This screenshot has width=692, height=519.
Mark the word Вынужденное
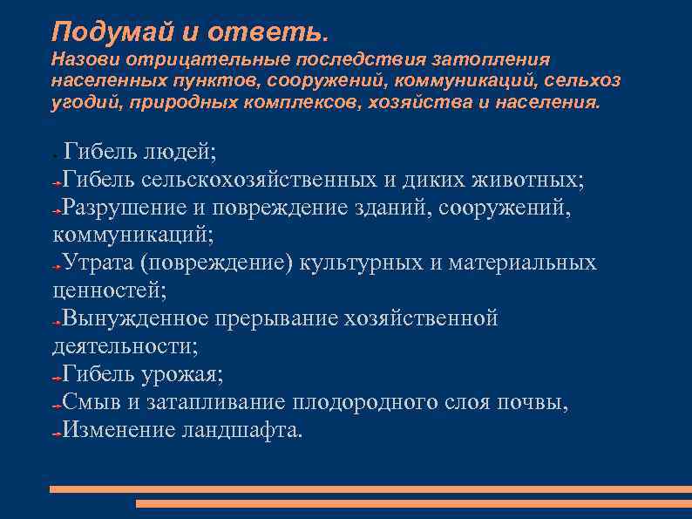coord(135,319)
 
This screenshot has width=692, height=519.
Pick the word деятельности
coord(125,347)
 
